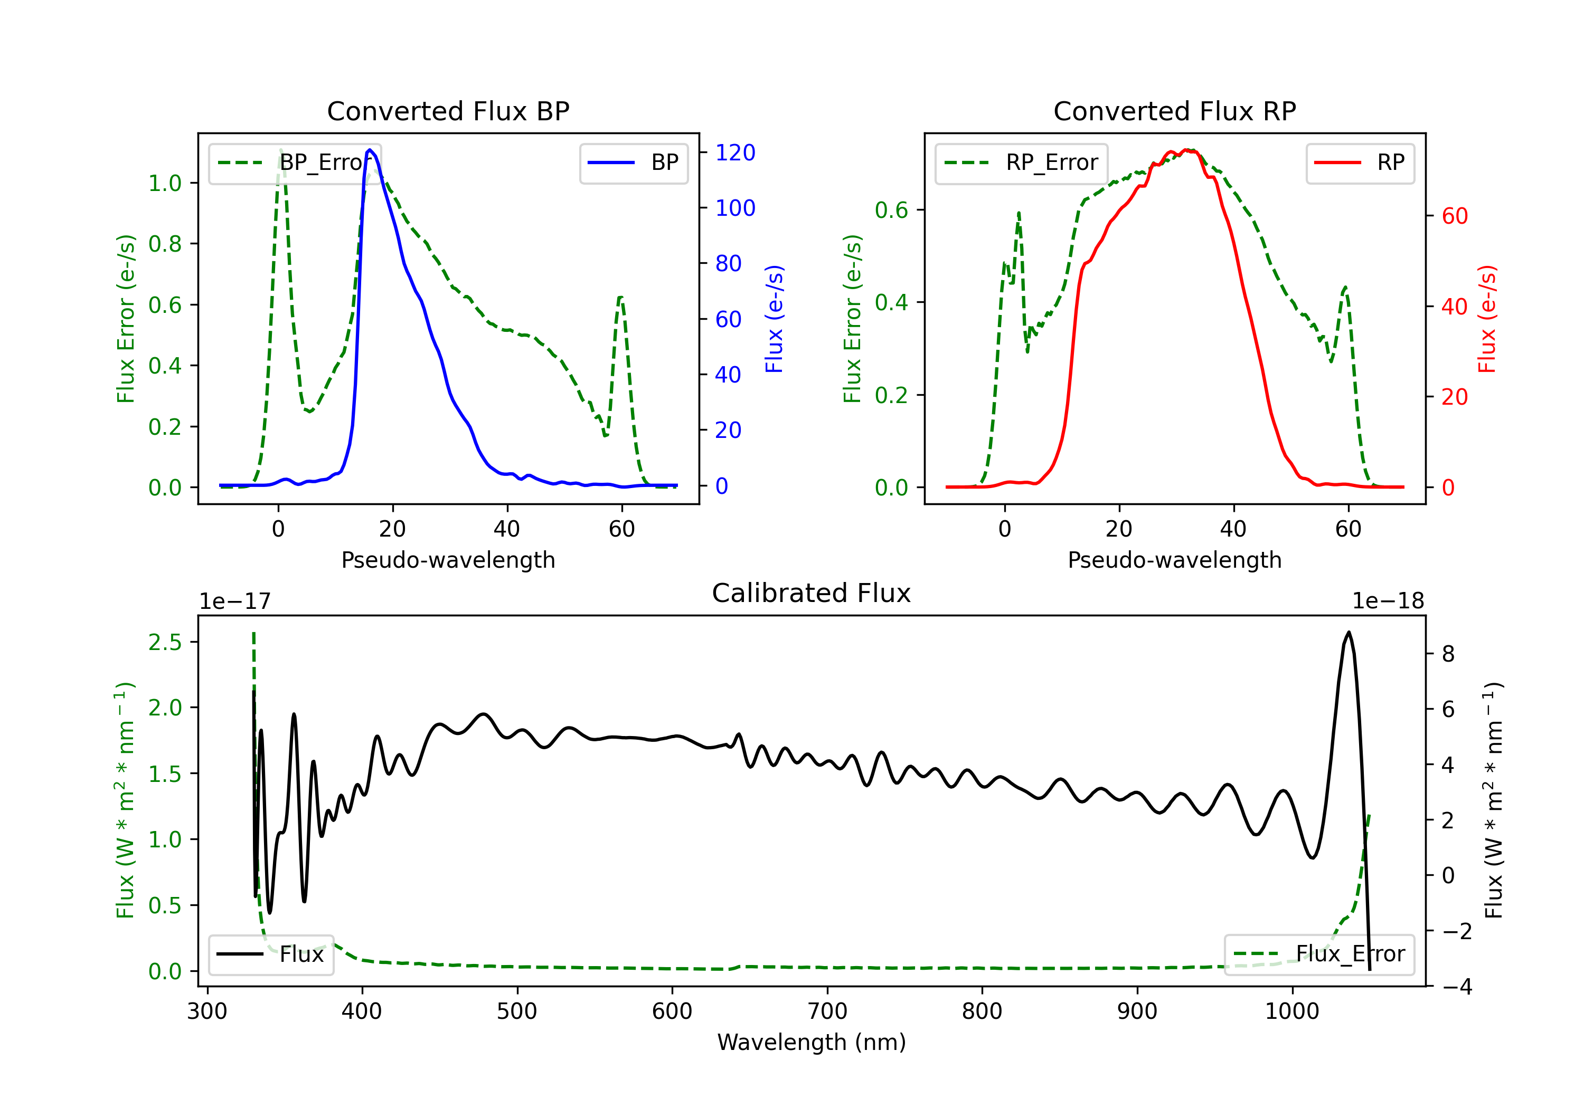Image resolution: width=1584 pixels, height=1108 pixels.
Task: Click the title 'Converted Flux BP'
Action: click(448, 111)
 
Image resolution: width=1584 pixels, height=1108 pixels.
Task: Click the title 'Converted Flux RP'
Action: click(1174, 111)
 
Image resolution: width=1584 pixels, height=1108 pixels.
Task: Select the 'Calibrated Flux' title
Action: click(812, 593)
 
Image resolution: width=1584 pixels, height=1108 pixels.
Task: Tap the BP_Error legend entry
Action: click(295, 163)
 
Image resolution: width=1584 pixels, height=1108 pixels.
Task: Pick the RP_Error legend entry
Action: click(1021, 163)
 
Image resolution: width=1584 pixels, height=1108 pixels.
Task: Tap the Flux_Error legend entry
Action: click(1319, 954)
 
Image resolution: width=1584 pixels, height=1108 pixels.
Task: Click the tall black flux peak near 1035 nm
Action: click(1349, 632)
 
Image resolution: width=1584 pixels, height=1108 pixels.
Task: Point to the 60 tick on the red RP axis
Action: click(1454, 216)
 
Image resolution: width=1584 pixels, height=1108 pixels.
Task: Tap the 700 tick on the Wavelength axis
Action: click(827, 1011)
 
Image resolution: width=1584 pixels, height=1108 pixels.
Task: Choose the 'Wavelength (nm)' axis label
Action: click(812, 1043)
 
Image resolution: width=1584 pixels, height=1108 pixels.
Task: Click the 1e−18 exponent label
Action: click(1388, 601)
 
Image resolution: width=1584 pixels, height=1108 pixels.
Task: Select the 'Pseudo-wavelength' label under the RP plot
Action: click(1174, 560)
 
